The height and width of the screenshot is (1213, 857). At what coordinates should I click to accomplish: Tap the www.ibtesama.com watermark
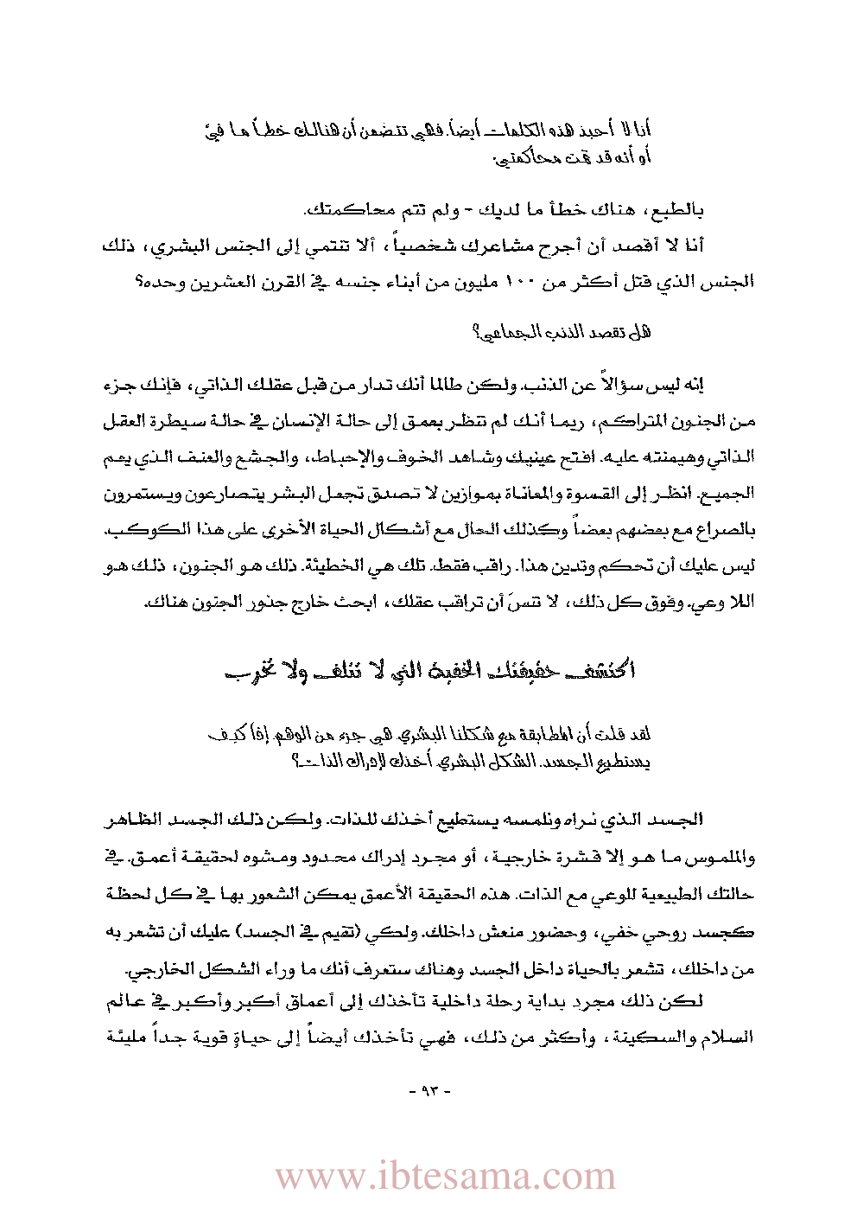pos(445,1177)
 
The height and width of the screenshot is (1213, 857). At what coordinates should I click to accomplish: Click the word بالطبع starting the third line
pos(679,210)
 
